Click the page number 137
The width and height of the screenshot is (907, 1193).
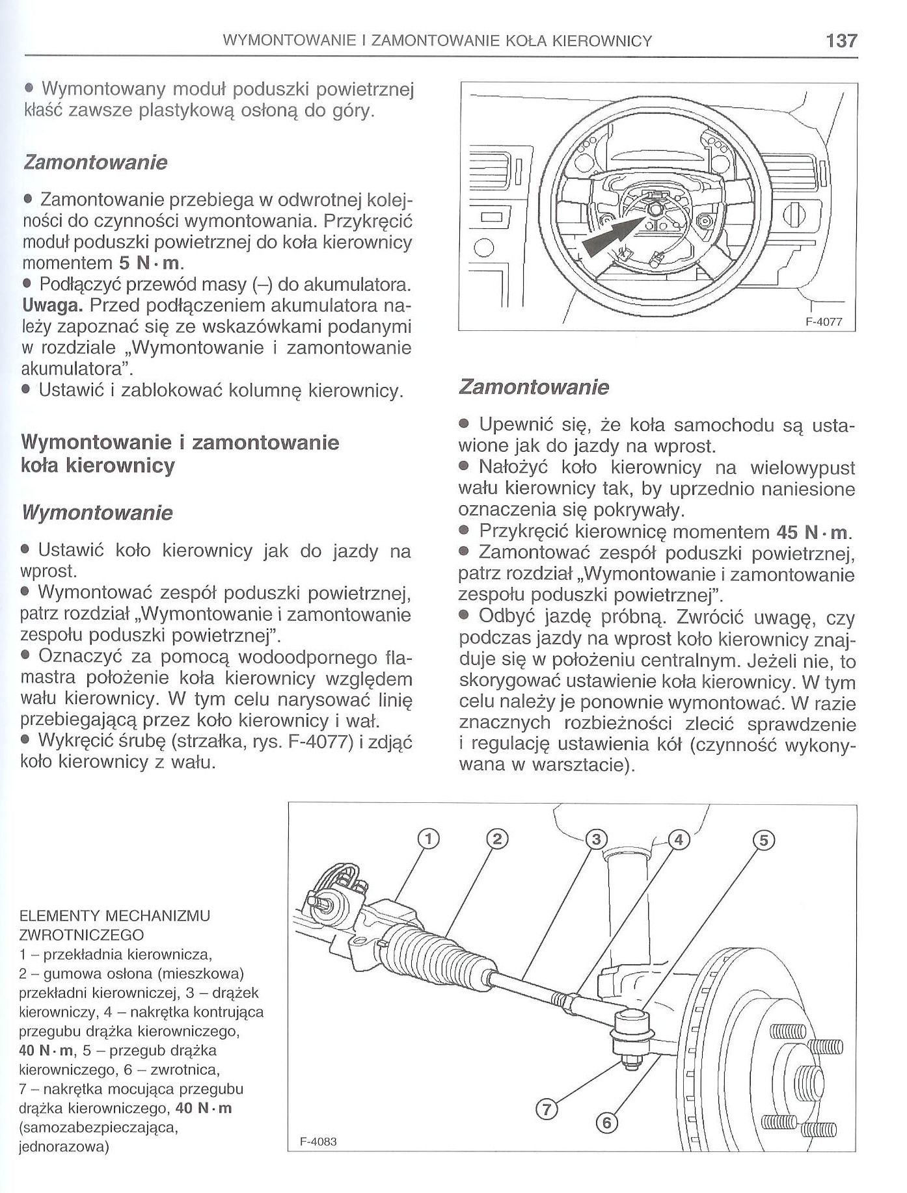tap(842, 41)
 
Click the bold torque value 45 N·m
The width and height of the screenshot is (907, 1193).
tap(813, 533)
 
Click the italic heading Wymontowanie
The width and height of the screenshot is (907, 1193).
tap(98, 513)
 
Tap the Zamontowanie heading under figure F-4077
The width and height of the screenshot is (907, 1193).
tap(534, 387)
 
